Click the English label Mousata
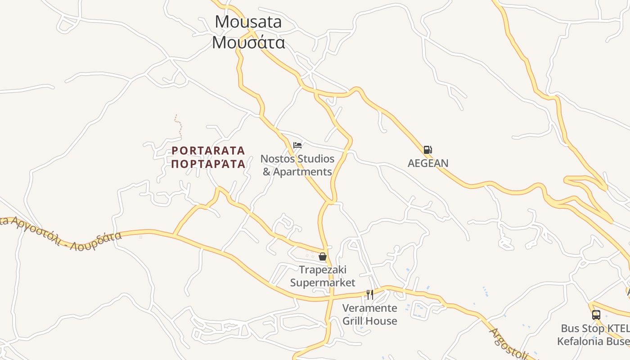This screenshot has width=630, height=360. pyautogui.click(x=248, y=22)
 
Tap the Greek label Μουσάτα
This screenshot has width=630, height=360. pyautogui.click(x=248, y=42)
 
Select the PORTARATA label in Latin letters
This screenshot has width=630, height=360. pyautogui.click(x=208, y=150)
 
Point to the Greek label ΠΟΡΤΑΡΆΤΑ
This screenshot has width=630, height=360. pyautogui.click(x=208, y=164)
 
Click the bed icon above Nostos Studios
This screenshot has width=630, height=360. pyautogui.click(x=297, y=145)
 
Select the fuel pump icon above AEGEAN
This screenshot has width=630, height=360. pyautogui.click(x=427, y=150)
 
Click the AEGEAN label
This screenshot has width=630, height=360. pyautogui.click(x=428, y=163)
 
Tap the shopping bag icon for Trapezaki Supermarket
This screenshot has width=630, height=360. pyautogui.click(x=322, y=257)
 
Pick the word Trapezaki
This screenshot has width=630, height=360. pyautogui.click(x=323, y=270)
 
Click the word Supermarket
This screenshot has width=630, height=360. pyautogui.click(x=323, y=283)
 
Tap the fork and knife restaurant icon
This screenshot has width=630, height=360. pyautogui.click(x=370, y=295)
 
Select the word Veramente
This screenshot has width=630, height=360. pyautogui.click(x=370, y=308)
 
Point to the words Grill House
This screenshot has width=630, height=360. pyautogui.click(x=370, y=321)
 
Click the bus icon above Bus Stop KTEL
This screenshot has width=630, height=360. pyautogui.click(x=596, y=315)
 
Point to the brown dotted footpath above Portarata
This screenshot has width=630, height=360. pyautogui.click(x=179, y=126)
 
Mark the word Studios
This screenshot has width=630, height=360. pyautogui.click(x=315, y=159)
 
